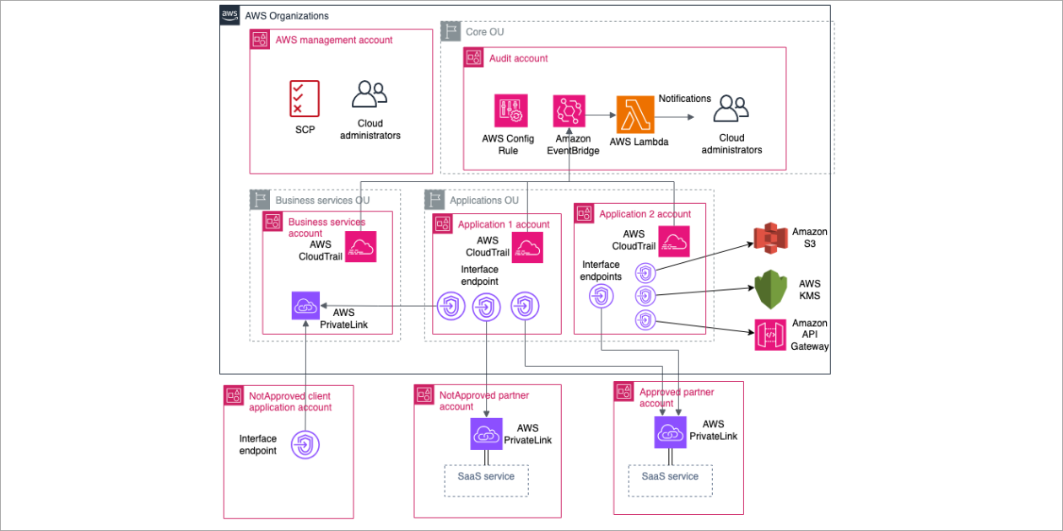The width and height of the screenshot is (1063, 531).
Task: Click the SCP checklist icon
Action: [x=304, y=99]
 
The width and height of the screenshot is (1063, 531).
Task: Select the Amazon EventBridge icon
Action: [x=569, y=111]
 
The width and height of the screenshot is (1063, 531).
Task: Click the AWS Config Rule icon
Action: [x=511, y=110]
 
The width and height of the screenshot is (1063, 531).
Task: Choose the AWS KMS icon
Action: [x=770, y=289]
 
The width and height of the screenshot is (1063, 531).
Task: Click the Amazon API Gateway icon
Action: [x=770, y=335]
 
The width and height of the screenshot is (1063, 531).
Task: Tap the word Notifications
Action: [x=684, y=99]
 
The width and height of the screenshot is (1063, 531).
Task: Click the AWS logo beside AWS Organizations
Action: [x=229, y=15]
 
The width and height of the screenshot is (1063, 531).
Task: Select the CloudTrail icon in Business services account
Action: [x=359, y=245]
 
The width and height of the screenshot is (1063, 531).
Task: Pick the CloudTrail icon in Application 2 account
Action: [x=674, y=241]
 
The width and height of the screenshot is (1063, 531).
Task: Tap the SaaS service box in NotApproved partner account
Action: [x=486, y=478]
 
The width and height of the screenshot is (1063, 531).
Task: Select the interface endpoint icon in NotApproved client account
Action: [x=305, y=444]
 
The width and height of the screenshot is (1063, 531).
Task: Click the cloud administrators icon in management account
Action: [x=370, y=94]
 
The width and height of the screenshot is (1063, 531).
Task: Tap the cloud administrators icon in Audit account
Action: [x=731, y=110]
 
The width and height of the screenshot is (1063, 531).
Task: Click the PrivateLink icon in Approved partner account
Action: [x=670, y=432]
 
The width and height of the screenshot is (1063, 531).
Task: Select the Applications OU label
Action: [x=483, y=201]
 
